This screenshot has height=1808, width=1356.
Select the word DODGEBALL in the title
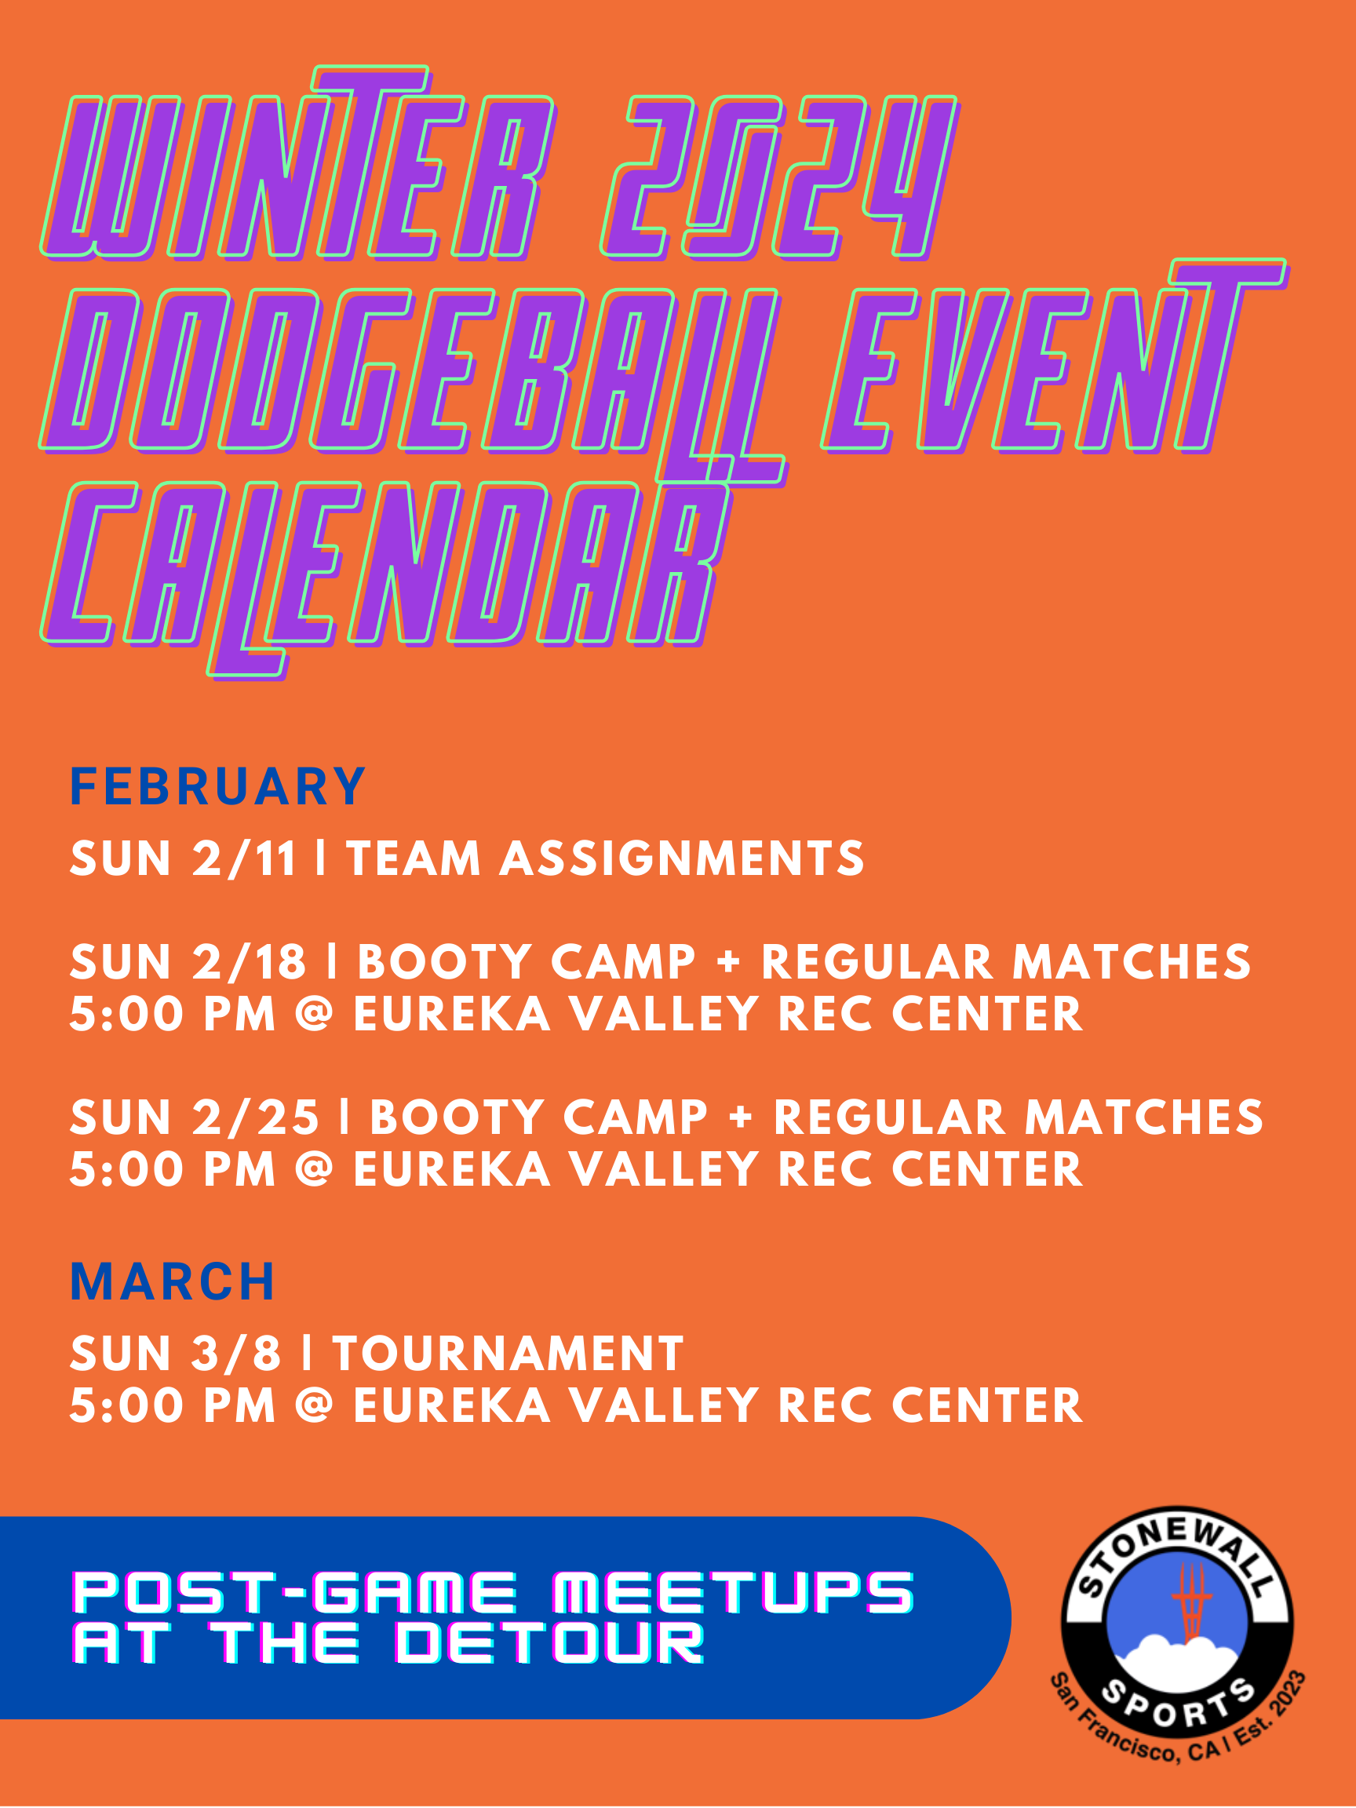(413, 385)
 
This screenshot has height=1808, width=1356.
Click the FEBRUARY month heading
(217, 786)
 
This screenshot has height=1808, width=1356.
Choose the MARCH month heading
(173, 1281)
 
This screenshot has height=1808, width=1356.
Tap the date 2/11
(243, 858)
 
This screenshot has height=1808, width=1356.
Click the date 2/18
(250, 961)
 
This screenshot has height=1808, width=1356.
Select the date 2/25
(255, 1117)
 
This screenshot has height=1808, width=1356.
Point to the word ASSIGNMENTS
(682, 858)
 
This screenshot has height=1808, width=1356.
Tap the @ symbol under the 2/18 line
(315, 1014)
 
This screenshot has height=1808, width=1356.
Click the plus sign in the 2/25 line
(742, 1117)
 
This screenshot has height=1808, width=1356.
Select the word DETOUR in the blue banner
(550, 1643)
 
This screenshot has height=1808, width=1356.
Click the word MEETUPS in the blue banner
(733, 1592)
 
